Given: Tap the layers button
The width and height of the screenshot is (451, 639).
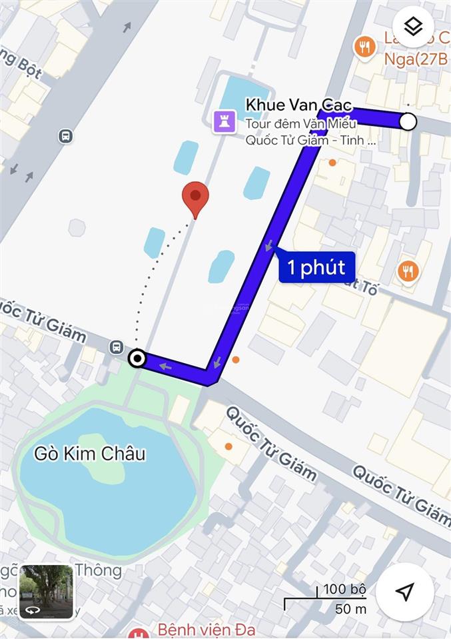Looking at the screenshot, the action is [x=414, y=27].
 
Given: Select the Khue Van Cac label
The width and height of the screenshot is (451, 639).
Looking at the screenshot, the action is [x=298, y=105].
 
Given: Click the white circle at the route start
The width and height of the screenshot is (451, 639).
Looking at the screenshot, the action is [x=408, y=121].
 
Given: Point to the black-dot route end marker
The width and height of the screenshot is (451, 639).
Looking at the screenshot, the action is [x=137, y=359].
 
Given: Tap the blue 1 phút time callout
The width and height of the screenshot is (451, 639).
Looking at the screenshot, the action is [x=316, y=267].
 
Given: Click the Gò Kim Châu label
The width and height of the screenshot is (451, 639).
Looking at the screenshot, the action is [x=90, y=454].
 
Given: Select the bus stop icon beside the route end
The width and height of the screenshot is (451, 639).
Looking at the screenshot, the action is [x=117, y=346].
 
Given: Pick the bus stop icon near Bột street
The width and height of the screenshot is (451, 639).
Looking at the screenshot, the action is [x=65, y=136].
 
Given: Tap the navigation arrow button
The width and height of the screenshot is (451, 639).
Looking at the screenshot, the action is [x=404, y=592].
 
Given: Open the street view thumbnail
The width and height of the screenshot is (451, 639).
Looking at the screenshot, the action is [x=46, y=592].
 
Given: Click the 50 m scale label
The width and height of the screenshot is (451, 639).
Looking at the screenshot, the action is [x=350, y=608].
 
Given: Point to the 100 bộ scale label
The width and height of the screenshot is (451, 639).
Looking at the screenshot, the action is [x=344, y=589].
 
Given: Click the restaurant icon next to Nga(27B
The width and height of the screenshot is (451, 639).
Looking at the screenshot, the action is [x=364, y=47].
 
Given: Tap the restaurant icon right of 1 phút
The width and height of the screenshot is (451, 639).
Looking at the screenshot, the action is [x=408, y=271].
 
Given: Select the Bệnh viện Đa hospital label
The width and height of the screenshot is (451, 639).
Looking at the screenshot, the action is [x=207, y=629].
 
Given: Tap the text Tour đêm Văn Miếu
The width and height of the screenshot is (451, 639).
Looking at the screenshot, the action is [x=301, y=123].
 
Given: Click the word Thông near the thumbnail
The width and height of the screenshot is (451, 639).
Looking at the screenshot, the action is [x=99, y=570].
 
